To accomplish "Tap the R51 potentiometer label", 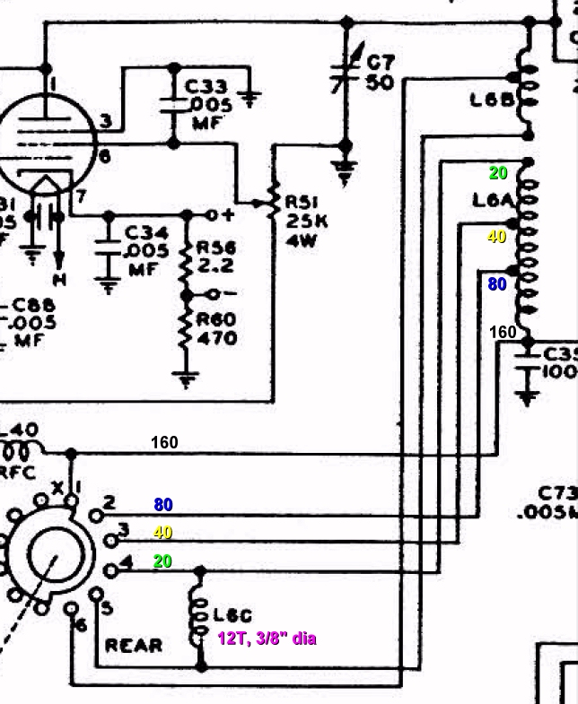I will pos(302,203).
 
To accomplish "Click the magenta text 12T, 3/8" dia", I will pos(267,639).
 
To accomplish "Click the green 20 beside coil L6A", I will pos(498,173).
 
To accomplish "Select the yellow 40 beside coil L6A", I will pos(496,237).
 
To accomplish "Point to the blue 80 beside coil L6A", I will pos(497,284).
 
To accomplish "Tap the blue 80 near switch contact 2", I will pos(162,505).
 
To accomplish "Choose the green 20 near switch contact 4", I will pos(162,561).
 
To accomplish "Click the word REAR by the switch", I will pos(135,645).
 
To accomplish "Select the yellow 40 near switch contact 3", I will pos(162,533).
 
